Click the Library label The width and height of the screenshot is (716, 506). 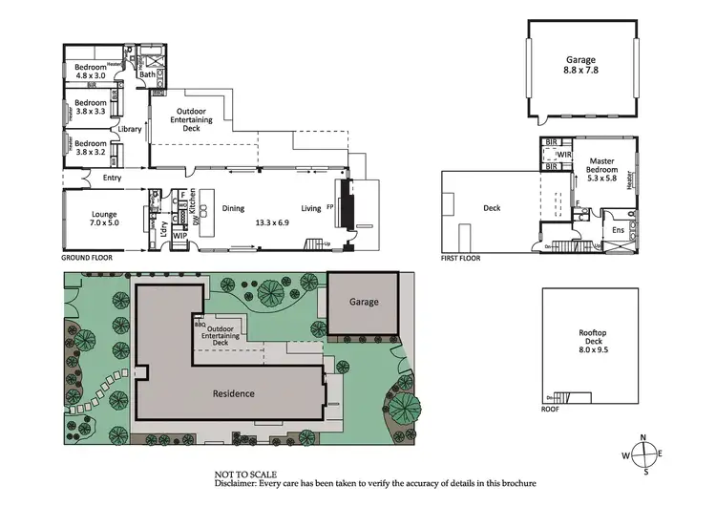click(129, 129)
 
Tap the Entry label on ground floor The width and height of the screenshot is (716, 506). click(98, 177)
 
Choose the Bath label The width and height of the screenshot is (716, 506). click(146, 74)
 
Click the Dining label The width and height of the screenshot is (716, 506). click(233, 207)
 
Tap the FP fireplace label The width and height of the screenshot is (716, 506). click(329, 207)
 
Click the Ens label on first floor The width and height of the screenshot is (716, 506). click(618, 230)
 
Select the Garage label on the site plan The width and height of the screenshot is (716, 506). click(363, 302)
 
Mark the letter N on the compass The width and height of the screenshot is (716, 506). click(643, 437)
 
